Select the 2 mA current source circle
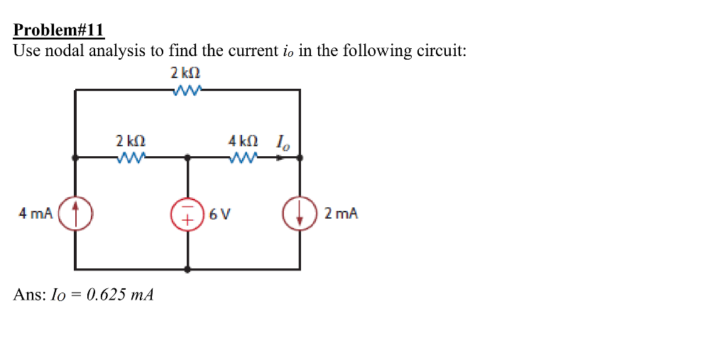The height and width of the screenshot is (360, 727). click(x=300, y=213)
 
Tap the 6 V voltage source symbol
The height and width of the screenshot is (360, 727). click(x=187, y=213)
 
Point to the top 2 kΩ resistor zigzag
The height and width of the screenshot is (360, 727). click(x=187, y=90)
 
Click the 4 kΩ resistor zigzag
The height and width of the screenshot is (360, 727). click(x=244, y=158)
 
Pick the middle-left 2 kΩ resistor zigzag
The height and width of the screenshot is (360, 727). click(x=131, y=158)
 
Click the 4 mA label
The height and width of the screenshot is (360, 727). click(x=35, y=213)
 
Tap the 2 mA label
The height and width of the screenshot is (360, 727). click(x=341, y=213)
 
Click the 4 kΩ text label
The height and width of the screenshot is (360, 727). click(x=243, y=141)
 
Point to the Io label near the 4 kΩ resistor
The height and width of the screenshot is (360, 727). click(x=283, y=146)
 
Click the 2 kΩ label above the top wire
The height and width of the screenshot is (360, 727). click(x=186, y=72)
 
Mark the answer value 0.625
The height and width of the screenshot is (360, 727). click(x=106, y=295)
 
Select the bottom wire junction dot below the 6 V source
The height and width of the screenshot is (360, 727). click(x=187, y=270)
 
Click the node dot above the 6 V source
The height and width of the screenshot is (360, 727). click(x=187, y=158)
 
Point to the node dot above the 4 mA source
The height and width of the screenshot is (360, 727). click(x=75, y=158)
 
